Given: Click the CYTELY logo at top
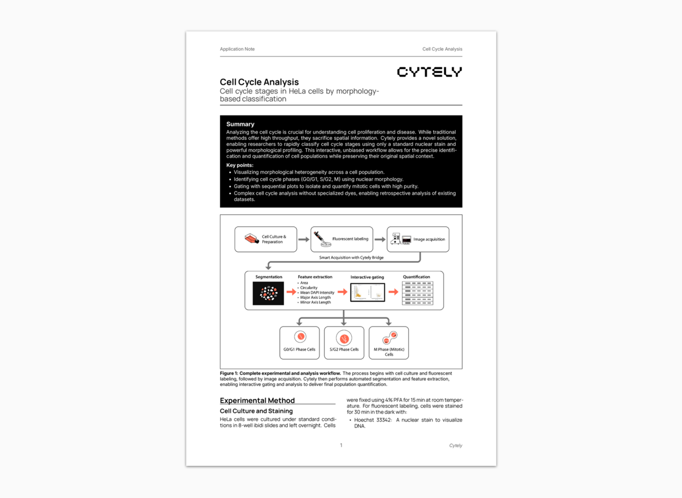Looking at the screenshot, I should (429, 72).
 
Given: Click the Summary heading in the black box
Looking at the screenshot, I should (240, 124).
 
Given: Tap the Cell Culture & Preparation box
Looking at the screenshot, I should (266, 239).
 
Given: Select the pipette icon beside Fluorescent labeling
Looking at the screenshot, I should (321, 239).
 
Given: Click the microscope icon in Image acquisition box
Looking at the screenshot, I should (396, 239).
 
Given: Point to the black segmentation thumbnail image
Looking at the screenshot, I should (268, 294).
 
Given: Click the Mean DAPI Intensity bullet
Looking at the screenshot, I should (317, 293).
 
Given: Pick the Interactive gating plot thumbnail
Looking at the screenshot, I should (367, 293).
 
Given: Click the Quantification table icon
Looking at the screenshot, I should (417, 293).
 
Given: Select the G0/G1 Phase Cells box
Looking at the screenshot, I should (300, 343).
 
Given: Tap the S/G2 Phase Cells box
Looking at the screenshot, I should (344, 343).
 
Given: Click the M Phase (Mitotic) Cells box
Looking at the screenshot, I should (389, 343).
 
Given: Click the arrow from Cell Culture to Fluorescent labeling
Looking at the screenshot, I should (303, 239).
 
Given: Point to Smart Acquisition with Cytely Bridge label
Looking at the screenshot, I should (351, 258).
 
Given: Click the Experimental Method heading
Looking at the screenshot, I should (257, 400).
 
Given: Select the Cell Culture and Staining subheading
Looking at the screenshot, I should (256, 411).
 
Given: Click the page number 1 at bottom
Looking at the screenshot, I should (341, 445).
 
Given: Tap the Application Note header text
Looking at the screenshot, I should (237, 49).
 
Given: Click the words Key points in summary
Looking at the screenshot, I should (240, 165).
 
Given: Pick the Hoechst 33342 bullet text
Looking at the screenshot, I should (373, 420).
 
